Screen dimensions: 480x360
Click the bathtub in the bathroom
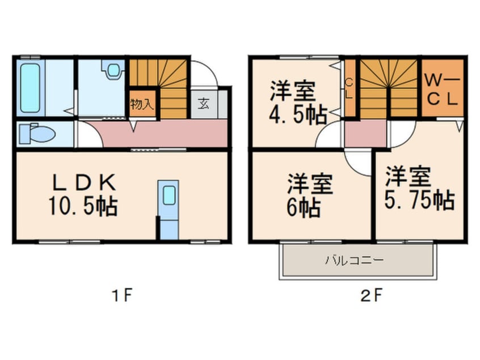30,88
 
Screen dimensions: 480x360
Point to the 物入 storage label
142,104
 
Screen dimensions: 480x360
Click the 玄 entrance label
204,103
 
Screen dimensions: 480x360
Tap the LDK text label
84,182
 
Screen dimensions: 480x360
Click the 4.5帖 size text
298,115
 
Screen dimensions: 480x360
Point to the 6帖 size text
304,208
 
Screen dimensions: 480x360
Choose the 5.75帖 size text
419,200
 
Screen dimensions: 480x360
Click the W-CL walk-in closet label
442,90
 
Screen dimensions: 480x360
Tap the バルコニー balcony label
354,261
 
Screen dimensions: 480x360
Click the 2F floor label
371,296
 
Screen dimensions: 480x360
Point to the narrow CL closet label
350,89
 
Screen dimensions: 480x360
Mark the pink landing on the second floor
365,133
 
